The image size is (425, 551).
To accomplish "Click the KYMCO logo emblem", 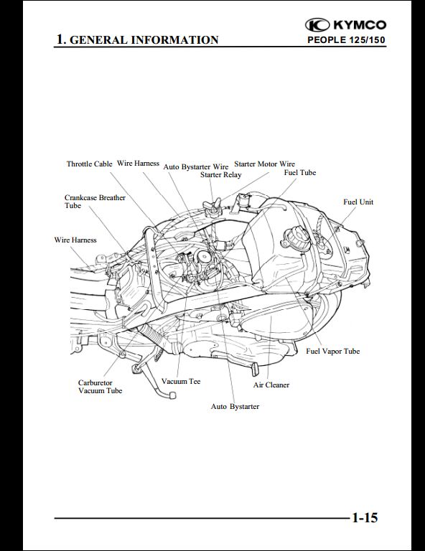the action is coord(317,25).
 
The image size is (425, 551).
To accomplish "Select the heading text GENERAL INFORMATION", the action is coord(144,39).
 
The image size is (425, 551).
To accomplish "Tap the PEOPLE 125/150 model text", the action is coord(346,39).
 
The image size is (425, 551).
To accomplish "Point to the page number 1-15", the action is coord(365,517).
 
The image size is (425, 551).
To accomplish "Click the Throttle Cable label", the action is coord(89,164).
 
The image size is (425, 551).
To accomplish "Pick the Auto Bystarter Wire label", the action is coord(196,166).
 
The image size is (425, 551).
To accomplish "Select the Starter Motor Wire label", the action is coord(264,164).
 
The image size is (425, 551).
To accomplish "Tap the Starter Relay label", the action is coord(221,174).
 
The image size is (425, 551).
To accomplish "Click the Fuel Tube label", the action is coord(300,172).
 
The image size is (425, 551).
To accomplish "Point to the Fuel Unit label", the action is coord(358,202).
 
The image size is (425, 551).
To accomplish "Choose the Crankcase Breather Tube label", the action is coord(95,202).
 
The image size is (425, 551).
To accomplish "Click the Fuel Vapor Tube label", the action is coord(332,351).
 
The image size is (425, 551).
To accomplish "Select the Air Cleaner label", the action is coord(271,385).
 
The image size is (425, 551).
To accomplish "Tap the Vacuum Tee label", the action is coord(181,381).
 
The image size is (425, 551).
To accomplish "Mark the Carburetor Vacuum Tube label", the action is coord(101,387).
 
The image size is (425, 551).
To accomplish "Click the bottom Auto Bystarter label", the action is coord(235,407).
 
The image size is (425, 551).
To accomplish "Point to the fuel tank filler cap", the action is coord(291,239).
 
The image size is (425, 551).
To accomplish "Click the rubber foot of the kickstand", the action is coord(172,395).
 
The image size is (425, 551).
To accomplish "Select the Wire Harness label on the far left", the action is coord(75,240).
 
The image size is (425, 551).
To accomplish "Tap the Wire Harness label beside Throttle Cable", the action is coord(138,164).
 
